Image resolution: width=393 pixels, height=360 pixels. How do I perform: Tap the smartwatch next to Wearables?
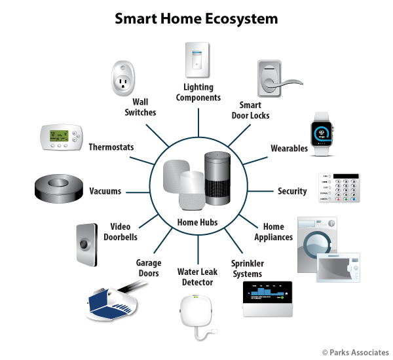(x=322, y=134)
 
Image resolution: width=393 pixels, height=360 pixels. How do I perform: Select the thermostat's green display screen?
(x=59, y=135)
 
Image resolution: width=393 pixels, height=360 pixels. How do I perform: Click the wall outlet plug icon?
(x=123, y=78)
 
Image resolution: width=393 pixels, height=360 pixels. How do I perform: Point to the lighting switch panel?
(x=197, y=60)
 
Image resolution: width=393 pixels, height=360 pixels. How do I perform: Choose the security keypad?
(x=339, y=187)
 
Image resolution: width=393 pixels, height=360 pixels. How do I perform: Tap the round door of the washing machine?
(x=317, y=242)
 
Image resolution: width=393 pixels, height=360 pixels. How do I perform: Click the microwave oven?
(x=338, y=268)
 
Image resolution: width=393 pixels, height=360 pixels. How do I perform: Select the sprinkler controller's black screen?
(x=267, y=292)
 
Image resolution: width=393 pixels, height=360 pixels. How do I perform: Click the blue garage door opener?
(x=111, y=304)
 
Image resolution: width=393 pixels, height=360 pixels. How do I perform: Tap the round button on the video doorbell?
(x=84, y=244)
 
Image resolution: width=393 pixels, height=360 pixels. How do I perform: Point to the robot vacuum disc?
(x=59, y=189)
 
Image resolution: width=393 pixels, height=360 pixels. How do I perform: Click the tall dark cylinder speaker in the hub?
(x=217, y=178)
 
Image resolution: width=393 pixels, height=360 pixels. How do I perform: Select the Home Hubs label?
(x=197, y=222)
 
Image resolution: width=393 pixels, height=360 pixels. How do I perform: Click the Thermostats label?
(x=111, y=147)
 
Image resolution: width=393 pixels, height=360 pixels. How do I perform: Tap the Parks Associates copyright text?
(x=356, y=353)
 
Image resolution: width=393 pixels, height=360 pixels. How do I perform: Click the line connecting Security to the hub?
(x=261, y=191)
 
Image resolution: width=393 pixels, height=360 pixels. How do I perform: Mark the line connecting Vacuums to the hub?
(x=138, y=192)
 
